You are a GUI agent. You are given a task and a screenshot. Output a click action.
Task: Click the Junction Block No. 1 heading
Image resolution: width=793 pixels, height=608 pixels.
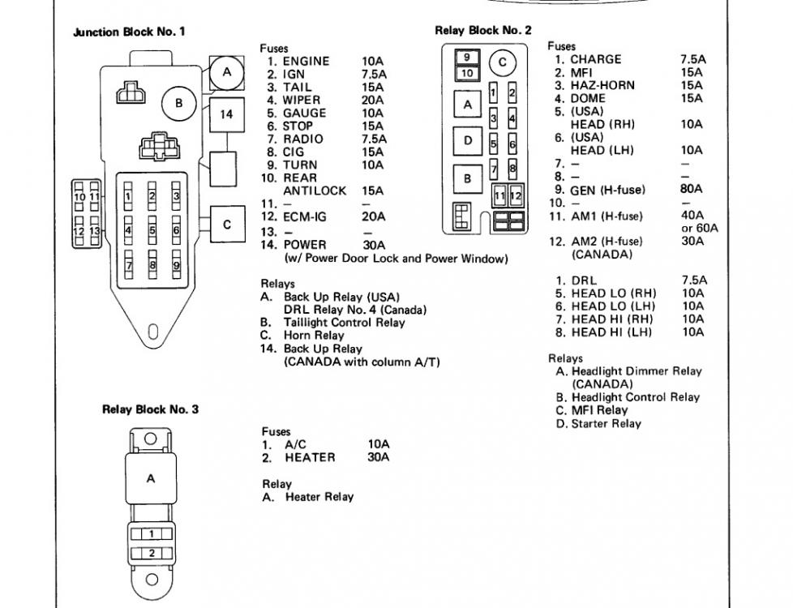[129, 32]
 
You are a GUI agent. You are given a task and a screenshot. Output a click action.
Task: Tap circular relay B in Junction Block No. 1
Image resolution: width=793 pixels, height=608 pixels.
[178, 103]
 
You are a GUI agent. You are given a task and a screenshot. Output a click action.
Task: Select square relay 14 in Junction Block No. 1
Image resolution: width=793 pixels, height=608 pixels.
[226, 115]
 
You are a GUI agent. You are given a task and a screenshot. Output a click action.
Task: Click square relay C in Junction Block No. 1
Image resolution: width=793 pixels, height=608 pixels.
[227, 224]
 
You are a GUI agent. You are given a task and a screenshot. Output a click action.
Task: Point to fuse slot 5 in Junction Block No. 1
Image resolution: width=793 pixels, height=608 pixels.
[152, 230]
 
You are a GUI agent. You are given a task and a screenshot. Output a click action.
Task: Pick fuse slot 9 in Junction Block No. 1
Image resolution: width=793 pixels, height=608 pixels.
[177, 264]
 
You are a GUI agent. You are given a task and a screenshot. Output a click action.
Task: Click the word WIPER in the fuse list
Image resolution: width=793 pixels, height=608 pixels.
[302, 101]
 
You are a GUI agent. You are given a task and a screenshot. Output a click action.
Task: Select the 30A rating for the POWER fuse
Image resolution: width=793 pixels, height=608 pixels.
[374, 246]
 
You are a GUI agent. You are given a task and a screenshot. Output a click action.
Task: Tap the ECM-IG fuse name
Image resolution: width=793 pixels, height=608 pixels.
[305, 217]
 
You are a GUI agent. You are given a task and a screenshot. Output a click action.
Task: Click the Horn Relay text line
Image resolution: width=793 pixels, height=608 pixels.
[314, 336]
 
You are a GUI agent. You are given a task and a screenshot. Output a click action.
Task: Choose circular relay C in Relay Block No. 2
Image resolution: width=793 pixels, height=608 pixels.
[502, 62]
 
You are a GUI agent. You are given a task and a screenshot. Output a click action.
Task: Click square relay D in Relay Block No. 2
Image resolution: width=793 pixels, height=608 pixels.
[467, 140]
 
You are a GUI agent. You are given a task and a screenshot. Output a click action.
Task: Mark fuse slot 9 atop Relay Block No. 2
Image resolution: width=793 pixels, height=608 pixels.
[467, 58]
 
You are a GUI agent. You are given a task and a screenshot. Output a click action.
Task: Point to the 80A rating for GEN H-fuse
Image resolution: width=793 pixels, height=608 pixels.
[692, 189]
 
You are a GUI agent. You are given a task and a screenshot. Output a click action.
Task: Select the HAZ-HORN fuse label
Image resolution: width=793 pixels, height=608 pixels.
[602, 85]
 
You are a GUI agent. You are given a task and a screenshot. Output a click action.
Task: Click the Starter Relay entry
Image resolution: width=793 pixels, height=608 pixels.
[606, 423]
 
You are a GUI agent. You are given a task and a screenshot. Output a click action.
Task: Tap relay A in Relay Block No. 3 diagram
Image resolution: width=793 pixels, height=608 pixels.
[151, 478]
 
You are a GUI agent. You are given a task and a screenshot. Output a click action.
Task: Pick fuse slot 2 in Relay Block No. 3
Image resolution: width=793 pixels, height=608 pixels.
[152, 553]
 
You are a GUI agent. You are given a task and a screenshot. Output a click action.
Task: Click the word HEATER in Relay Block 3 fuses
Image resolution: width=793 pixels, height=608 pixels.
[310, 457]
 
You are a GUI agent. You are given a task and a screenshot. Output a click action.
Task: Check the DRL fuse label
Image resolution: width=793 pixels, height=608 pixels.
[584, 280]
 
